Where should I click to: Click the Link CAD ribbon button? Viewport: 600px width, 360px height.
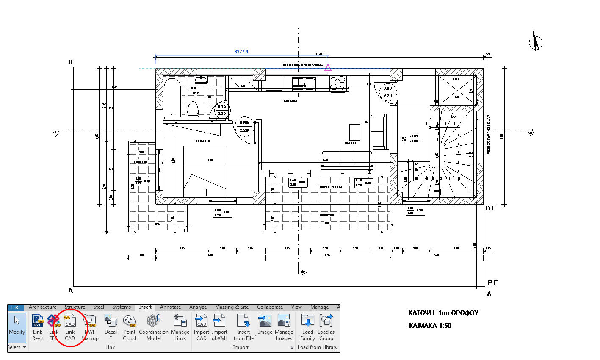[70, 328]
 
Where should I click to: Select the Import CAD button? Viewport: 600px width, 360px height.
[202, 328]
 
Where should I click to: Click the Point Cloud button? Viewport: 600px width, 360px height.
[130, 328]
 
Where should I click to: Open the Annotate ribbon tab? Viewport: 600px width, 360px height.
[170, 307]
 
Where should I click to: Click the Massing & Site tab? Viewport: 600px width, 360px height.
[232, 307]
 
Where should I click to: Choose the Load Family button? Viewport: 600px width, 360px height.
[307, 328]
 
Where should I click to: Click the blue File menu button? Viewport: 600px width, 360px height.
[15, 307]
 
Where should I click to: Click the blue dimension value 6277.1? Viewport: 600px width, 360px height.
[241, 52]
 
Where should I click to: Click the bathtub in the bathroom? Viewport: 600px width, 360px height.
[172, 99]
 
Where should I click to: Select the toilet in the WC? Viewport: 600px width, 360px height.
[193, 111]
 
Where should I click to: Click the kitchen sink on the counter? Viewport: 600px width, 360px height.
[304, 84]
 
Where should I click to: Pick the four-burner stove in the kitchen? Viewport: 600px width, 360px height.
[338, 83]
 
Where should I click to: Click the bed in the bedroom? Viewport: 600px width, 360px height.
[205, 171]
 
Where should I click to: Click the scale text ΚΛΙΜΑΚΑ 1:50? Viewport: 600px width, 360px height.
[430, 326]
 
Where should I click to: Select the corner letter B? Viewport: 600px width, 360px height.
[71, 62]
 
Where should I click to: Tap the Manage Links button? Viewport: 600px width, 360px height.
[180, 328]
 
